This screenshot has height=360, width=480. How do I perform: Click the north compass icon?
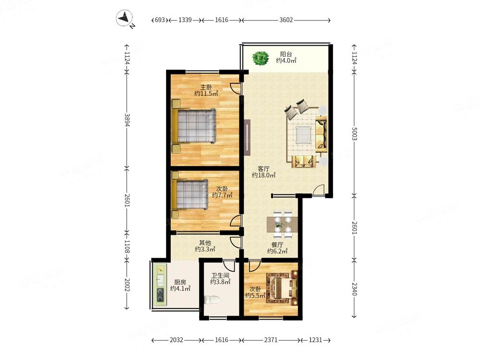point(126,19)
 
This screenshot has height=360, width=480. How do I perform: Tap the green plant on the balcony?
point(261,59)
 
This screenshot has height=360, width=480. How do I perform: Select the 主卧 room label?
point(206,87)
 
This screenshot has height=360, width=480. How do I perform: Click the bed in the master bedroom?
point(194,126)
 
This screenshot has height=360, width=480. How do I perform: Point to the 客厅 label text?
point(264,169)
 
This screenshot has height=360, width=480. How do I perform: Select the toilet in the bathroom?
point(212,300)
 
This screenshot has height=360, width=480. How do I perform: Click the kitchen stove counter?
point(159,284)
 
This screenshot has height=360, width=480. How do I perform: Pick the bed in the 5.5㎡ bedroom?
point(282,288)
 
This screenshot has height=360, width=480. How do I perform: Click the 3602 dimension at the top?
point(286,20)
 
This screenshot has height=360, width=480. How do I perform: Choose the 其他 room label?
point(205,243)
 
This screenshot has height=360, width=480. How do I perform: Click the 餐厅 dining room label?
point(277,244)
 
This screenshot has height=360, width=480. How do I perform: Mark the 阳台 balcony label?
point(286,54)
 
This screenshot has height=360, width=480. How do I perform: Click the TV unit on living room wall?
point(247,137)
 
